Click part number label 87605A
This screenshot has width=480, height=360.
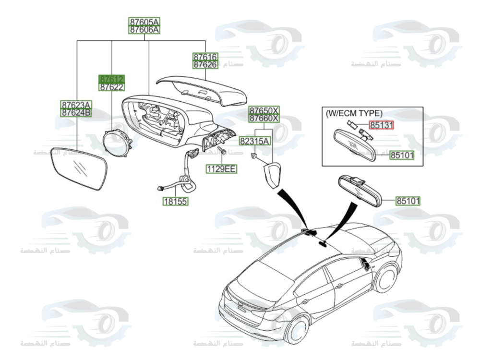pos(144,22)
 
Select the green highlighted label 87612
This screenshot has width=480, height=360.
pos(111,79)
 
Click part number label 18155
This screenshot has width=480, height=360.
pos(175,202)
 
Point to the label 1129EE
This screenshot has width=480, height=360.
pos(221,168)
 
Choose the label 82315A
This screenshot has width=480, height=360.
pos(255,141)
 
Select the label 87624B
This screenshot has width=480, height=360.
pos(76,113)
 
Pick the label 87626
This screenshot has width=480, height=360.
pos(205,64)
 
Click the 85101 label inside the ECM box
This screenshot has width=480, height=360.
pos(402,155)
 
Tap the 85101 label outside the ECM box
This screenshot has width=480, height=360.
pos(408,201)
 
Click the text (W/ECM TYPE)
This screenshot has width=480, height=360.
pos(354,114)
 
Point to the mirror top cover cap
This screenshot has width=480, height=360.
pos(202,90)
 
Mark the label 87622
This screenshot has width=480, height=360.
pos(111,87)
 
